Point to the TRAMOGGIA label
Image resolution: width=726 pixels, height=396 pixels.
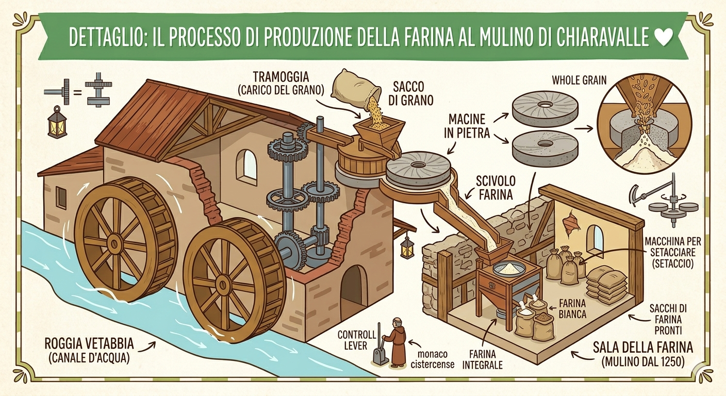click(281, 77)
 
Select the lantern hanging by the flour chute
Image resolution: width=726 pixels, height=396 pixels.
click(407, 247)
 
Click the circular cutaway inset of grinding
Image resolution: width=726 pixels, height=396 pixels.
click(642, 126)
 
